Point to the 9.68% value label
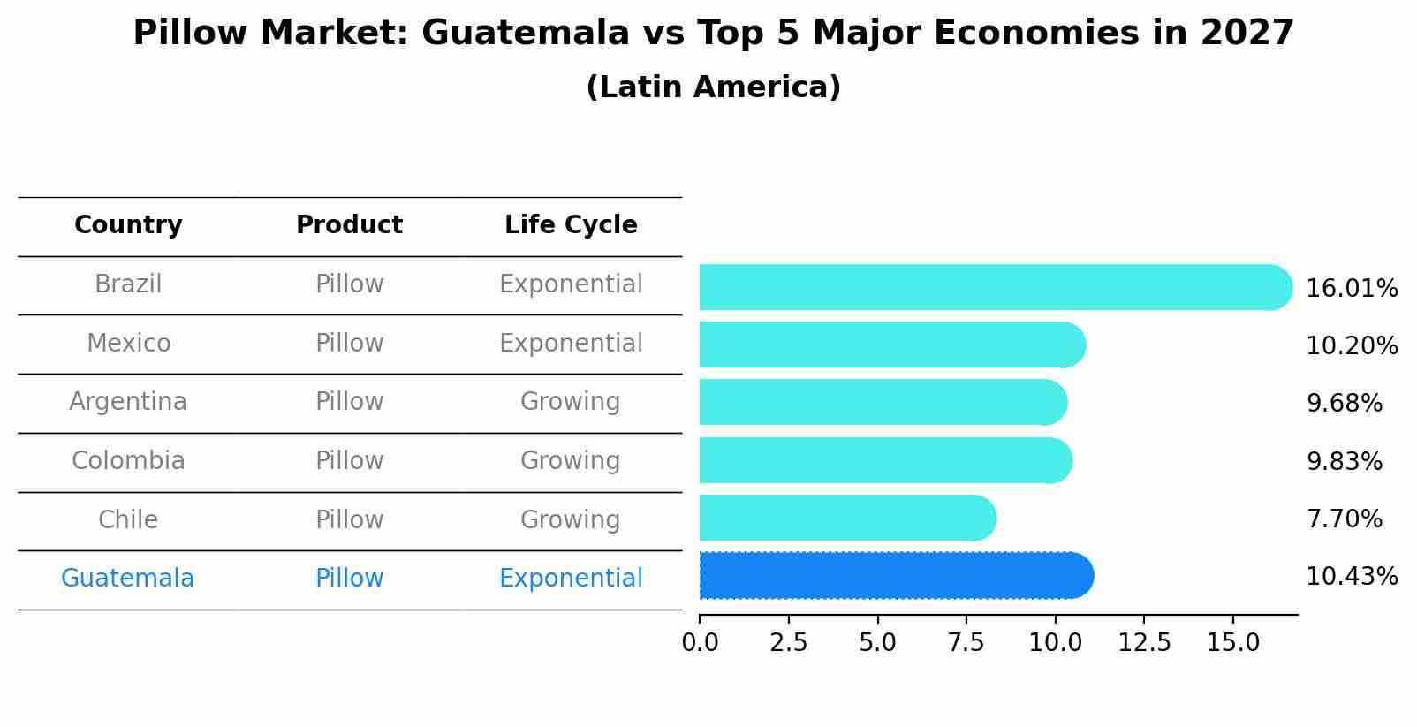(x=1344, y=404)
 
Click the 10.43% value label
(x=1352, y=577)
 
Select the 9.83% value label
(x=1344, y=461)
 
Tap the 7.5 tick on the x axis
(x=966, y=643)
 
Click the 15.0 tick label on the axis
(x=1233, y=643)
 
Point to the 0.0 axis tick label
(x=700, y=643)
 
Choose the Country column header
(x=128, y=225)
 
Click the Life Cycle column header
(x=571, y=225)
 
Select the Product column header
(x=349, y=225)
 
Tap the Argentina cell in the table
(x=128, y=402)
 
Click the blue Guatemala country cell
(x=127, y=579)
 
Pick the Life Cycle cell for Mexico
(x=571, y=343)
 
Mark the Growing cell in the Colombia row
(x=570, y=461)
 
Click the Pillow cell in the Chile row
(x=349, y=519)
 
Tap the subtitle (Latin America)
(x=713, y=87)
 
